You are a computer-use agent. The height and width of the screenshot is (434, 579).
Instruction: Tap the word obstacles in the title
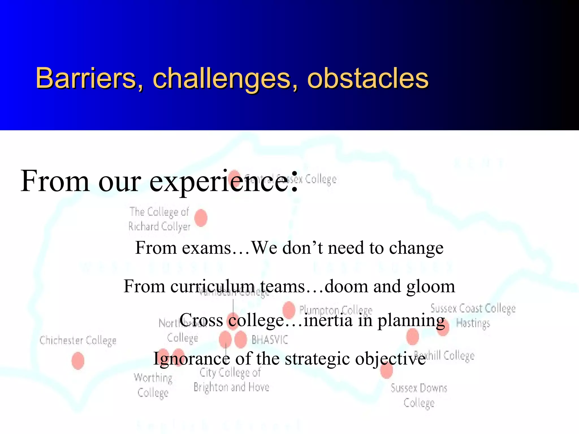pos(368,78)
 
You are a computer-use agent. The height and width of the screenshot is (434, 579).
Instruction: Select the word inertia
pos(328,320)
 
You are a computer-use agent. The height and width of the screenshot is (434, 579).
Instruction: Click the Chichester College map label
pos(78,340)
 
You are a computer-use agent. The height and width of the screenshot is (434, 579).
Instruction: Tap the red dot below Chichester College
pos(78,361)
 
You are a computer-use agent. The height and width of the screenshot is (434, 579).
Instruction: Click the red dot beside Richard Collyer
pos(201,218)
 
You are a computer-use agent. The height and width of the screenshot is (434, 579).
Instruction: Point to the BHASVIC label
pos(270,340)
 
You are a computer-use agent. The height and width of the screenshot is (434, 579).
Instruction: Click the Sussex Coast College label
pos(473,309)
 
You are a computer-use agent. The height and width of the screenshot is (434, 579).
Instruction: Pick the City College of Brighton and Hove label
pos(231,380)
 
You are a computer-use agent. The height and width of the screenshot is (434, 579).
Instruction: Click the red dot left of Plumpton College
pos(289,309)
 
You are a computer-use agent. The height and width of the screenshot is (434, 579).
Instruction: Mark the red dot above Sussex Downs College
pos(386,370)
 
